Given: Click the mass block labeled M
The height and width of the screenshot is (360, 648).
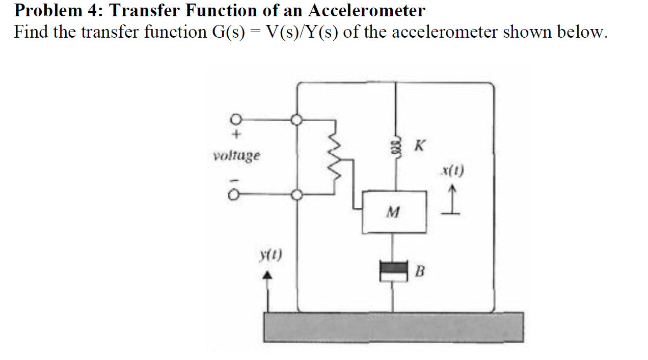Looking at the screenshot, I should (394, 211).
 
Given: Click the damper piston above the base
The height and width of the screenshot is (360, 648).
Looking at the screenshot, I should (394, 271).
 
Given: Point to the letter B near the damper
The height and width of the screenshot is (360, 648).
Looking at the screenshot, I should (419, 272).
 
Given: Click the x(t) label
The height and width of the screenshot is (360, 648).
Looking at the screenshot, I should (453, 171).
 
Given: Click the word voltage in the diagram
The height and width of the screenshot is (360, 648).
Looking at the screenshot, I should (236, 155).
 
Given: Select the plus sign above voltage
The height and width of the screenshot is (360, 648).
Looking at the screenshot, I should (236, 136).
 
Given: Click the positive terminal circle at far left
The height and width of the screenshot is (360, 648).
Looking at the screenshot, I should (235, 120).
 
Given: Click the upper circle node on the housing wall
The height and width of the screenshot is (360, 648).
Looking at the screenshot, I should (296, 120).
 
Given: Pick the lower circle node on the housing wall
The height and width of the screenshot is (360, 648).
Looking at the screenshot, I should (296, 194).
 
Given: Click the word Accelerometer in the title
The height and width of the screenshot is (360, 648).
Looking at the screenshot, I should (366, 10).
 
